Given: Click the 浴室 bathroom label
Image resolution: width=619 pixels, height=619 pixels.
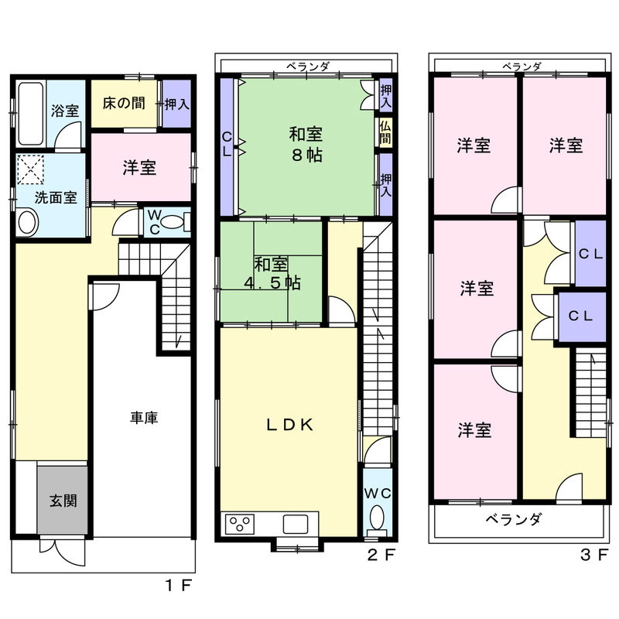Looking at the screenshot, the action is [x=65, y=111].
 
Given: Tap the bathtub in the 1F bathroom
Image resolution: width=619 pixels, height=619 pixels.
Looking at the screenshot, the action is [x=30, y=113].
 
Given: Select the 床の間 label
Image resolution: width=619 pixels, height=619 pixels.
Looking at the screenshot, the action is [x=124, y=104].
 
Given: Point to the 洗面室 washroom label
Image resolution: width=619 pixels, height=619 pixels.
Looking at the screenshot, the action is [x=56, y=197].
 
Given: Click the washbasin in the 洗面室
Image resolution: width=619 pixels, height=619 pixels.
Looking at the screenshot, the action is [x=28, y=222].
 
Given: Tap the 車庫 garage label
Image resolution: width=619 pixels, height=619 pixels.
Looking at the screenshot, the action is [x=144, y=417].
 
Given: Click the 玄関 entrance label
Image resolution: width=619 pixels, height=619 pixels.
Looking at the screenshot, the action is [x=63, y=501].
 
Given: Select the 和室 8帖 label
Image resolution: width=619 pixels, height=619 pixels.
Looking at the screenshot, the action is [x=306, y=145].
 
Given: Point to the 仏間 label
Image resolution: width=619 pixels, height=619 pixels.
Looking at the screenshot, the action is [x=385, y=132].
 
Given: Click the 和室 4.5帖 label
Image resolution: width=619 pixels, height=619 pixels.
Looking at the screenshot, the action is [x=272, y=274].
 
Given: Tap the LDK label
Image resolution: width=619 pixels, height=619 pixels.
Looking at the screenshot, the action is [x=290, y=425].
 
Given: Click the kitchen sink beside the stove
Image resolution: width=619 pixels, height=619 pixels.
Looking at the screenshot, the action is [x=296, y=525].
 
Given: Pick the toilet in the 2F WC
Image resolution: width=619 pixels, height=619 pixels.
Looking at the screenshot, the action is [x=378, y=518].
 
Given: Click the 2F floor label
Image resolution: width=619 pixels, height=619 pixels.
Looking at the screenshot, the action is [x=381, y=556].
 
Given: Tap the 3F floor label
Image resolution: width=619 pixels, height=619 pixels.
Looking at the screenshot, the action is [x=593, y=555].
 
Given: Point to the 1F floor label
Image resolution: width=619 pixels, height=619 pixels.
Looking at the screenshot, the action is [x=178, y=585].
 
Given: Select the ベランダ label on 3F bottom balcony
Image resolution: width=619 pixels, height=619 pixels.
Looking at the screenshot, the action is [x=514, y=518].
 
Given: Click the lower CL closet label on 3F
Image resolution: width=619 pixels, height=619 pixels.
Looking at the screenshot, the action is [x=580, y=316].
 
